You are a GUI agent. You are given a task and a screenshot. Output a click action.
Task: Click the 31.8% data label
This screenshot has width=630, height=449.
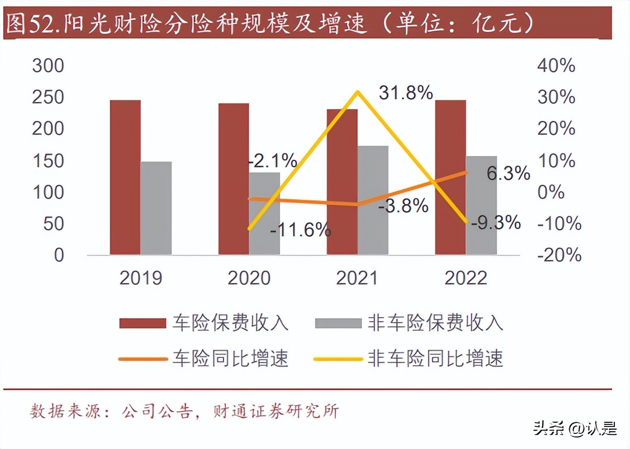(x=406, y=93)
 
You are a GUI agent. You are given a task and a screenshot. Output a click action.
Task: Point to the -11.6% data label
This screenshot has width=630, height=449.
(x=300, y=229)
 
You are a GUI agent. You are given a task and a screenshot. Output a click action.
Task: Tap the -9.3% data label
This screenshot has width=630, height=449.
(x=496, y=223)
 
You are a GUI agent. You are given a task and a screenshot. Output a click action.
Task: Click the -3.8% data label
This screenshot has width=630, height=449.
(x=403, y=206)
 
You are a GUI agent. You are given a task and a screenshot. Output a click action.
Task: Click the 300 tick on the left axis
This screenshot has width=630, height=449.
(x=48, y=66)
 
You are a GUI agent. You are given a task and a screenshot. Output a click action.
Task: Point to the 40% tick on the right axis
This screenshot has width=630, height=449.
(x=555, y=66)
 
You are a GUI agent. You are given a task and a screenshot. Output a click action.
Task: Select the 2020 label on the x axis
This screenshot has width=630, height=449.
(x=249, y=278)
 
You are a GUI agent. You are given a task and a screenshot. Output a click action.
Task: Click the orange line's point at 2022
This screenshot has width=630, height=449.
(x=466, y=172)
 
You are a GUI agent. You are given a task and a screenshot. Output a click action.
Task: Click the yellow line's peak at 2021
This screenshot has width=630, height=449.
(x=357, y=93)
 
